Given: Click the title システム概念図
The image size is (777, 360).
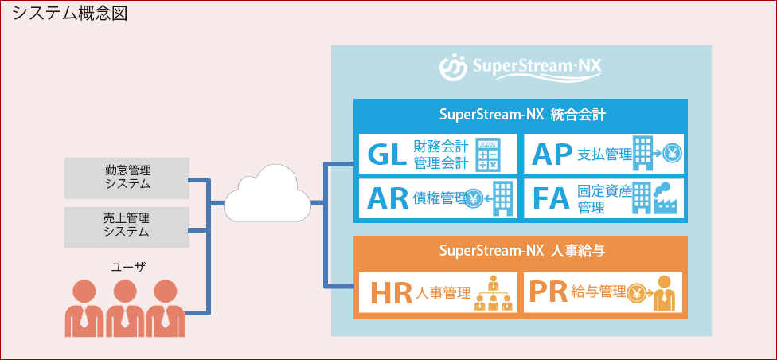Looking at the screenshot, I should click(x=69, y=14).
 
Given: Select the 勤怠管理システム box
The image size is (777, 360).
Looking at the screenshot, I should click(x=127, y=178).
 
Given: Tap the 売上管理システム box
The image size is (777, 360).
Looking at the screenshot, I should click(x=127, y=225).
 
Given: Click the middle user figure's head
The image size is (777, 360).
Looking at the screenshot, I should click(x=122, y=291).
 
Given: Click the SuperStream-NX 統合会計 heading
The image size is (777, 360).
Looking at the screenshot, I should click(x=521, y=114).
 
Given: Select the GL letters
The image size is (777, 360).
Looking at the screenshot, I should click(x=388, y=153).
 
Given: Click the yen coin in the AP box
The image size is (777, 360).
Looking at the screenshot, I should click(x=673, y=154).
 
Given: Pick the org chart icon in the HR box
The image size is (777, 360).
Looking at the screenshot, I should click(x=493, y=294).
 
